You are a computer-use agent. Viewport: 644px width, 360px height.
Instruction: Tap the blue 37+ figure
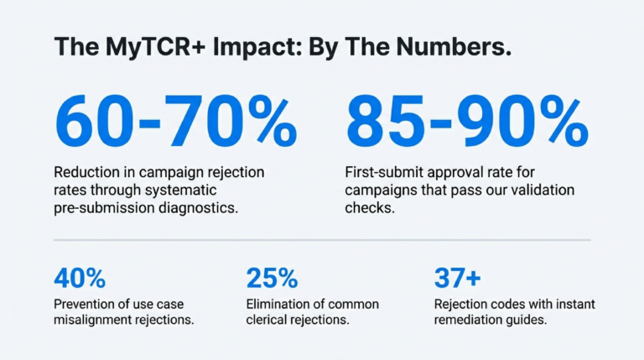pos(458,277)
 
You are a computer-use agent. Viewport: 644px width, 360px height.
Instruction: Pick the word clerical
pos(272,321)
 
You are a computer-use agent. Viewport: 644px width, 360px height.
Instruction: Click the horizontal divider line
pos(322,240)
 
